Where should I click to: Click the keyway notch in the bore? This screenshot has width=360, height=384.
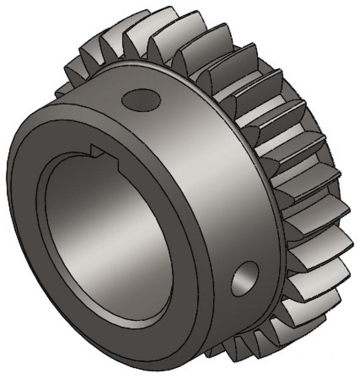click(x=105, y=154)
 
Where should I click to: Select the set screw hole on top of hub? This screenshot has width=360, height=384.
click(x=141, y=99)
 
